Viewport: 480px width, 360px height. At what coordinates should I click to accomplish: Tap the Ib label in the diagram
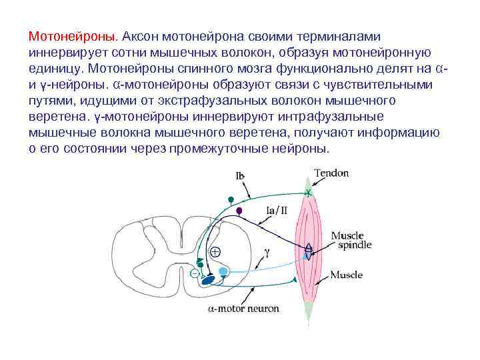[x=239, y=176]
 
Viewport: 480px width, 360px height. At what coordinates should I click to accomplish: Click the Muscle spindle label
[x=347, y=241]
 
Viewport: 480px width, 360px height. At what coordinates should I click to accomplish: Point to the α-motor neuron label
[x=243, y=309]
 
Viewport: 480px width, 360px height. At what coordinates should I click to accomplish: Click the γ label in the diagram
[x=266, y=253]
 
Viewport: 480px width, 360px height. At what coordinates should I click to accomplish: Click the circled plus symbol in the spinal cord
[x=215, y=252]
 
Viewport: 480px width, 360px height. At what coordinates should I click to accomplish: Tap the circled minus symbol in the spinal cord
[x=194, y=273]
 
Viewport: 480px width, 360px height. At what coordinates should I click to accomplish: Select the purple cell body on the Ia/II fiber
[x=239, y=211]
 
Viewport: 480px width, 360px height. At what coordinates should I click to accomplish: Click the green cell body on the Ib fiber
[x=231, y=199]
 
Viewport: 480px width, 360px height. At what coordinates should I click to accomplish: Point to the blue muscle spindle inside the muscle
[x=308, y=248]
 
